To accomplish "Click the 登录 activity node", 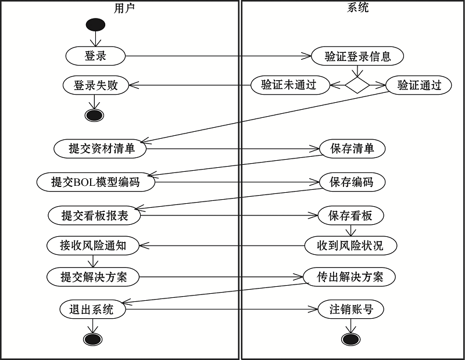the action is point(95,56).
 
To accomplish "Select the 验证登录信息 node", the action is point(357,56).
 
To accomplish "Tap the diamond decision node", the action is point(357,85).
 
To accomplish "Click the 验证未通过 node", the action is point(290,85).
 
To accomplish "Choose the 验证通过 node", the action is point(419,85).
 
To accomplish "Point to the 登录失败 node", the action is point(95,85).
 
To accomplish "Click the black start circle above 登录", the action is point(95,25).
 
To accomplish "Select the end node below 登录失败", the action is point(94,116).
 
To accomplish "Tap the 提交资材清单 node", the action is point(100,149).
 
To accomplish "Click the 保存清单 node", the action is point(352,149).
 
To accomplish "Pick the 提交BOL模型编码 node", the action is point(95,182).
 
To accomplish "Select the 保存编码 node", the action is point(352,182).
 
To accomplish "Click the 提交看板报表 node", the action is point(94,215).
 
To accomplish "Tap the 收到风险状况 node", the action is point(350,246).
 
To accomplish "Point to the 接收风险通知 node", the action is point(93,246).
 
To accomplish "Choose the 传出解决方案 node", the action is point(349,277).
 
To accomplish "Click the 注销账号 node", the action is point(351,309).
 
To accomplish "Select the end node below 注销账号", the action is point(351,339).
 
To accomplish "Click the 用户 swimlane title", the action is point(124,8).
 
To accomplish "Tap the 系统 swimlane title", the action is point(357,8).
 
